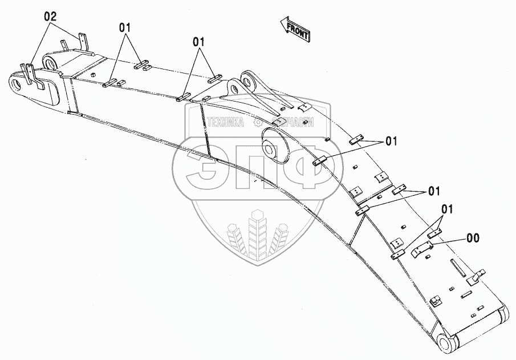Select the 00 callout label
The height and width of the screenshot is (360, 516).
[473, 238]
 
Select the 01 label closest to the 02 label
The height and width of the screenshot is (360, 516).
[127, 27]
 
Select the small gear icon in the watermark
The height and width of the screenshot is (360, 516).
[258, 122]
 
